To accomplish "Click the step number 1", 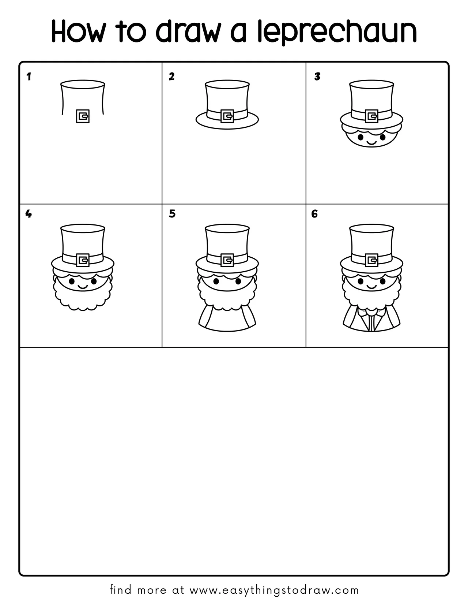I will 29,77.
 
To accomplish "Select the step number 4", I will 29,214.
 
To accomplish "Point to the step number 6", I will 314,214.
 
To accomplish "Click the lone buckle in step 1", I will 83,116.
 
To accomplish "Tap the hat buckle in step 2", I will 227,116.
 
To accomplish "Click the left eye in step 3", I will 360,137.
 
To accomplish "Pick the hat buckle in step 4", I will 83,260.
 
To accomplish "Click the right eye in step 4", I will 94,281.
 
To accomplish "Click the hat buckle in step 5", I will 227,260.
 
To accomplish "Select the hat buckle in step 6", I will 371,260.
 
